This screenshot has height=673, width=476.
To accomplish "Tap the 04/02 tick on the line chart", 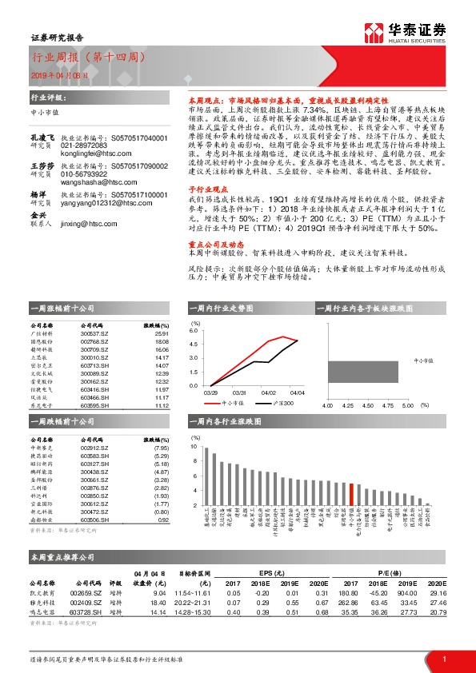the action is tap(268, 392).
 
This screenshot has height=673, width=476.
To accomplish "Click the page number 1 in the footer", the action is tap(443, 659).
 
